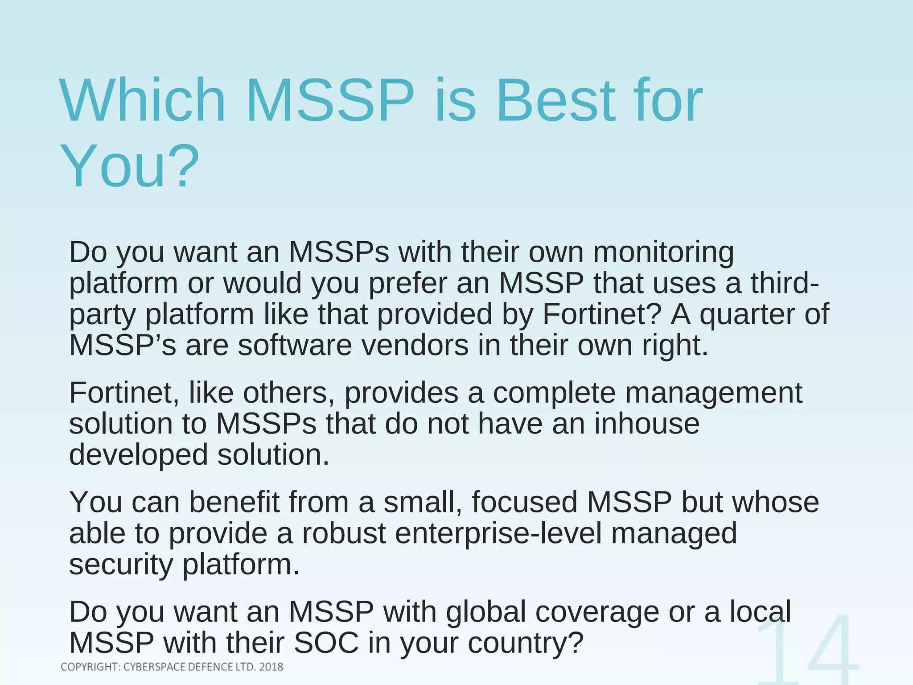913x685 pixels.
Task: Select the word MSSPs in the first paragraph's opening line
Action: click(339, 252)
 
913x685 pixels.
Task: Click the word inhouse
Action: click(646, 424)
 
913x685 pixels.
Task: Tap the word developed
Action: click(139, 455)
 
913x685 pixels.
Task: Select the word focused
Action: click(524, 502)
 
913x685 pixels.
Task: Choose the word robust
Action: click(344, 534)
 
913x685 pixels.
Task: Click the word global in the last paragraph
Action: click(485, 612)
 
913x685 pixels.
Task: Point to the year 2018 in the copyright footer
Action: click(271, 667)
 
